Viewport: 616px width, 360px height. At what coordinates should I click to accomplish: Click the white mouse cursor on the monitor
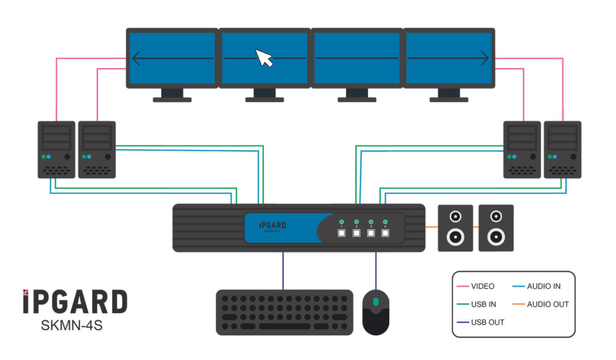264,58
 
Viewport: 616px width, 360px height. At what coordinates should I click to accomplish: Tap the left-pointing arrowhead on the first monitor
136,58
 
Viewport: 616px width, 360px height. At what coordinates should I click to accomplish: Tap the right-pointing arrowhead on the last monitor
485,58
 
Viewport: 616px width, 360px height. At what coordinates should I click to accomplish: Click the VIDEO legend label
483,287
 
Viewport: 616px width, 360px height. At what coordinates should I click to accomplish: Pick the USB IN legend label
484,305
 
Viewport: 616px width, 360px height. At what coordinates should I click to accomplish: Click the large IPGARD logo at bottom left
75,301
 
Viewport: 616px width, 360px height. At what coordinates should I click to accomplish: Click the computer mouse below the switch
376,311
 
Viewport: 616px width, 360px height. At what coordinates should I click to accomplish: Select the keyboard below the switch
285,312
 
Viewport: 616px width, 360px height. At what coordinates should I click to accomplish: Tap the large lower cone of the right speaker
496,237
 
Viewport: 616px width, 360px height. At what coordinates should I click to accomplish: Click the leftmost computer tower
57,149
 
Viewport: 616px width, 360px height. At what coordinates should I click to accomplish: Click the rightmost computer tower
562,149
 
